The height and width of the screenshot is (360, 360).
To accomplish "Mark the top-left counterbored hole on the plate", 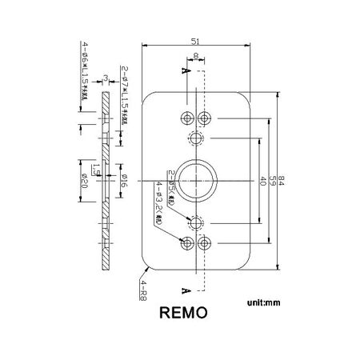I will click(x=186, y=119).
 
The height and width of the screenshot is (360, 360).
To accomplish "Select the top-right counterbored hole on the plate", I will click(x=206, y=119).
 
